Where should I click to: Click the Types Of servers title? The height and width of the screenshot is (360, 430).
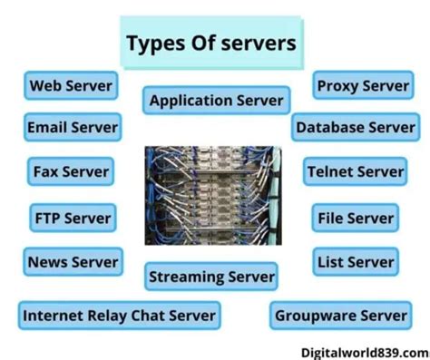[x=212, y=43]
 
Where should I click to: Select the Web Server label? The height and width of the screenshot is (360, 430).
[x=72, y=86]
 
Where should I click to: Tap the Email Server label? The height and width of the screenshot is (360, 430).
[x=73, y=127]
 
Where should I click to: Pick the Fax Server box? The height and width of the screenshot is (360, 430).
[x=70, y=170]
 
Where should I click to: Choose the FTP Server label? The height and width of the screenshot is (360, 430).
[x=71, y=218]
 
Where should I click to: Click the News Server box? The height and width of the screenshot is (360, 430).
[x=73, y=262]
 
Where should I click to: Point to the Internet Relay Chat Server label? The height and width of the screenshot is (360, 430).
[x=119, y=316]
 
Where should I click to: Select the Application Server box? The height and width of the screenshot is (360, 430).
[x=216, y=100]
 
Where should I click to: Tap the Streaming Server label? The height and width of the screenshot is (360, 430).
[x=211, y=276]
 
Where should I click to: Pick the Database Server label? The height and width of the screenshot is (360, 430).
[x=355, y=127]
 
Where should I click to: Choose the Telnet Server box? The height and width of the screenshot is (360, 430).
[x=356, y=170]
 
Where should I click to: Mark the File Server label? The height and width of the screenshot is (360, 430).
[x=356, y=218]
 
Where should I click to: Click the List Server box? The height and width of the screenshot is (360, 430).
[x=355, y=262]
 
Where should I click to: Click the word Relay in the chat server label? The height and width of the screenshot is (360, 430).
[x=107, y=316]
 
